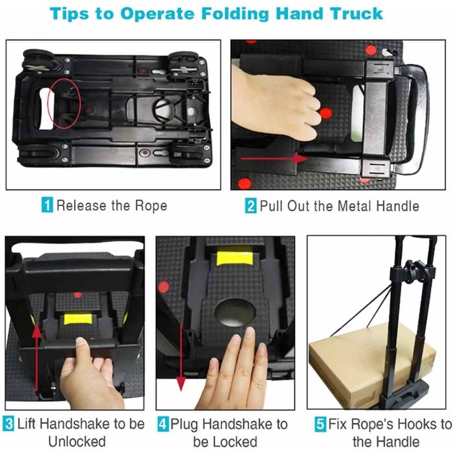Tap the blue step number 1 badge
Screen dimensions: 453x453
[x=47, y=205]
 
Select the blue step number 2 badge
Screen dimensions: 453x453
[x=250, y=206]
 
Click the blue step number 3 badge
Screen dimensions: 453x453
[x=8, y=424]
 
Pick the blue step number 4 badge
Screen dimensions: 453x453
[x=163, y=424]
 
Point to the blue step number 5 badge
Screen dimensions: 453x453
[x=320, y=424]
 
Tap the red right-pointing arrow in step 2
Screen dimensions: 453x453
[x=274, y=159]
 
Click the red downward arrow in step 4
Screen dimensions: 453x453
[x=181, y=357]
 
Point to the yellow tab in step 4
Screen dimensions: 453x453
[x=234, y=258]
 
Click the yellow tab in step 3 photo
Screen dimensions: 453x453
[x=78, y=319]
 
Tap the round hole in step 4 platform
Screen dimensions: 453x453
[x=235, y=313]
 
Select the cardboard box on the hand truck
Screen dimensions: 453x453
[x=373, y=364]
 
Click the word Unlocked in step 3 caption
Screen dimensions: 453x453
[x=77, y=442]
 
